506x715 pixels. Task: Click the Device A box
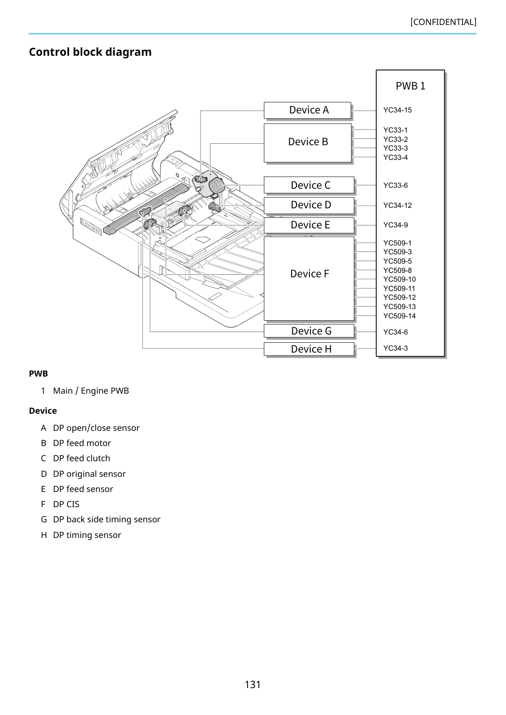307,111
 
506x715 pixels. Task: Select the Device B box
307,143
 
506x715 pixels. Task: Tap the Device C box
309,185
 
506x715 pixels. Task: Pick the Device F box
309,279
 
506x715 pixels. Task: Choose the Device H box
309,349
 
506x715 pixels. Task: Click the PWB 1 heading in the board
411,86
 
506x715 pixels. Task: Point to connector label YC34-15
398,110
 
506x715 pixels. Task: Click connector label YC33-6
395,185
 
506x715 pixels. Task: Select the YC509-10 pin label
400,279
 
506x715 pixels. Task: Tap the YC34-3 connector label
395,348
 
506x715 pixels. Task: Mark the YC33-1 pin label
395,130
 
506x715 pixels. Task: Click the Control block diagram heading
91,52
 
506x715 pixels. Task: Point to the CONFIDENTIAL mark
443,22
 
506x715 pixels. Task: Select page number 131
253,685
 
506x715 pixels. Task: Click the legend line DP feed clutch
81,458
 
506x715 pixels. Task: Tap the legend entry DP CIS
66,504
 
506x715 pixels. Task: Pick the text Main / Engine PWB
91,391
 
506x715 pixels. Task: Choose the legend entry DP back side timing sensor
107,520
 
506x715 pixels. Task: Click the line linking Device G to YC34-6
365,332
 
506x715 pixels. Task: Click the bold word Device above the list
43,411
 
